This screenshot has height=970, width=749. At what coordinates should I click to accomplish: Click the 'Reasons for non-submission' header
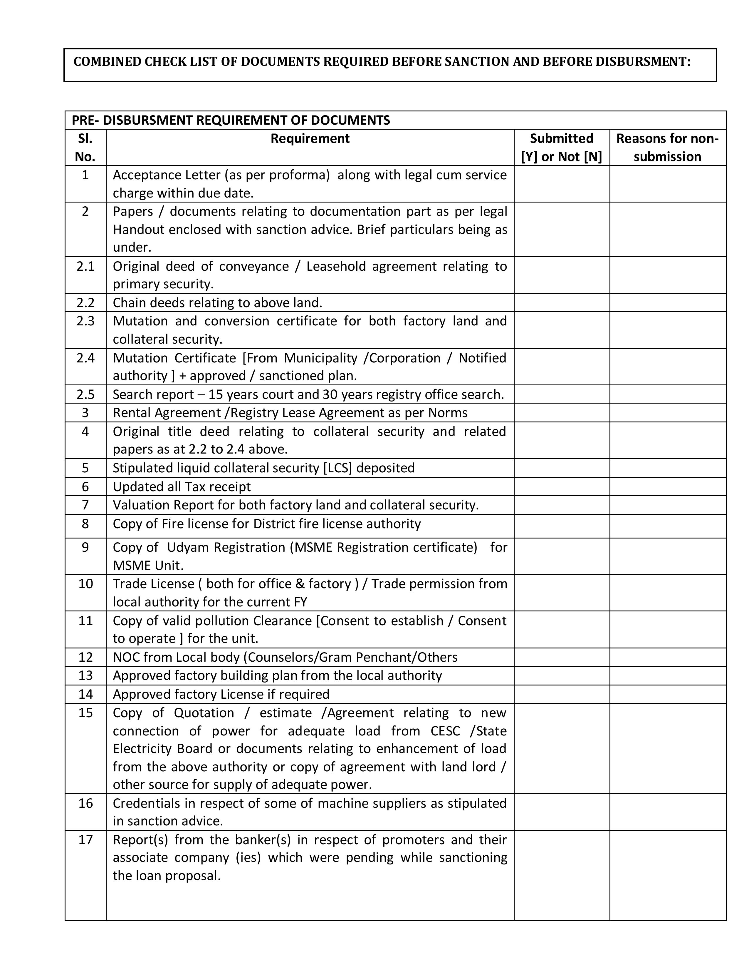[x=667, y=148]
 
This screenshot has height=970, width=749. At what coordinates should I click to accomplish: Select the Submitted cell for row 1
[x=561, y=184]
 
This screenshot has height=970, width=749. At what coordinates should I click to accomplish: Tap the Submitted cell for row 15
[x=561, y=748]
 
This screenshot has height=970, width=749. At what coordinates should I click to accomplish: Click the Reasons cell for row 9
[x=667, y=556]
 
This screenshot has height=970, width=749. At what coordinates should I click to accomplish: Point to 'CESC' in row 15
[x=445, y=731]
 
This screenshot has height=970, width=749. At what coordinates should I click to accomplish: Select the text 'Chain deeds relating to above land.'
[x=217, y=303]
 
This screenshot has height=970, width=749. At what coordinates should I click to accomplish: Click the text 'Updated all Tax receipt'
[x=182, y=487]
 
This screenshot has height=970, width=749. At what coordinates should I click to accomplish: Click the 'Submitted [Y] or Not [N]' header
[x=561, y=148]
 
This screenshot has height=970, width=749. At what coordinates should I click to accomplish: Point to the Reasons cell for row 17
[x=667, y=875]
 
